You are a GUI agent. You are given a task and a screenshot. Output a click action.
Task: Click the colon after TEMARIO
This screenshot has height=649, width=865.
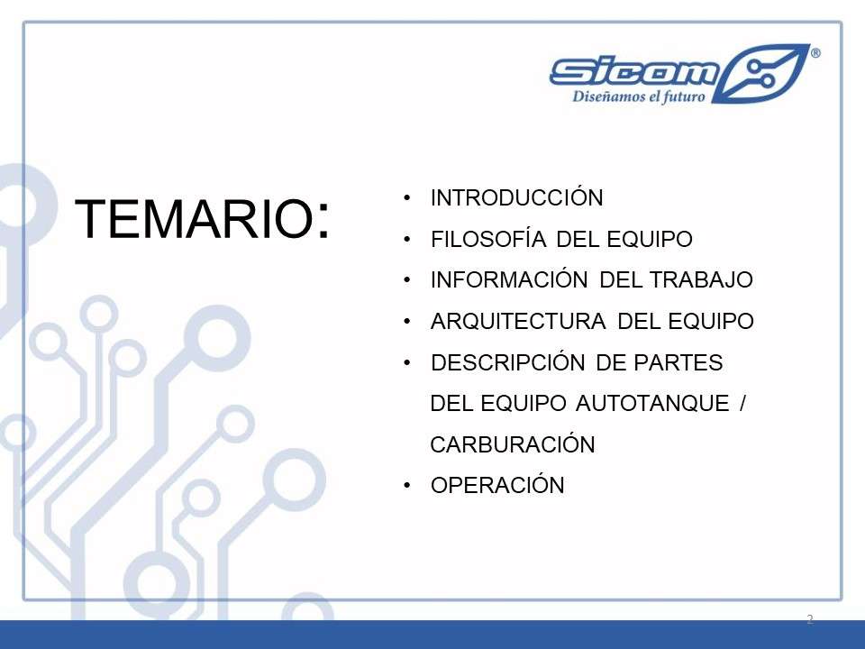click(323, 219)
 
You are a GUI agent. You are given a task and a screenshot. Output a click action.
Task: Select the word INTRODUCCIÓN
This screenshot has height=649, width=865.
click(517, 197)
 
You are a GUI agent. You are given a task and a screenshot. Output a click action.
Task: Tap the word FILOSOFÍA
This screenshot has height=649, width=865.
click(488, 238)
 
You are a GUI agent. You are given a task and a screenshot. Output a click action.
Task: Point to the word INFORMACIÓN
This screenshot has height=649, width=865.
click(508, 279)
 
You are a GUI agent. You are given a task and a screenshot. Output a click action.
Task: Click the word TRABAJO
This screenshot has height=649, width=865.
click(701, 279)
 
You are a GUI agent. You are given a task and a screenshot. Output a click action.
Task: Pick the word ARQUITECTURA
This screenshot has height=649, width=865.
click(518, 321)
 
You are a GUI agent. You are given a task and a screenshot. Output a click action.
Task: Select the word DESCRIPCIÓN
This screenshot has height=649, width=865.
click(507, 362)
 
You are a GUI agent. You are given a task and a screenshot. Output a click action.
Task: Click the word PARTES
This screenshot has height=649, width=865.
click(678, 362)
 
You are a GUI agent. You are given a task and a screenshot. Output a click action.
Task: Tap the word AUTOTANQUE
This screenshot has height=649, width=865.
click(652, 404)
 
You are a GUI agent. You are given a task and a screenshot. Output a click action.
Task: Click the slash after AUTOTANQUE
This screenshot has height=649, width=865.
click(742, 404)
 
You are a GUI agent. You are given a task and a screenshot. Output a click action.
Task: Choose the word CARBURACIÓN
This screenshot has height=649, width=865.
click(513, 443)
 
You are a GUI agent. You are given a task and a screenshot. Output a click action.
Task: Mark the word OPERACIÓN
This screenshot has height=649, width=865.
click(497, 485)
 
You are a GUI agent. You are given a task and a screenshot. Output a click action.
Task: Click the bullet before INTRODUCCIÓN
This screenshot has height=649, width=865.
click(407, 197)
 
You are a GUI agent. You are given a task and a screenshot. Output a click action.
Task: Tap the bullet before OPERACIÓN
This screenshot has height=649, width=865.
click(407, 485)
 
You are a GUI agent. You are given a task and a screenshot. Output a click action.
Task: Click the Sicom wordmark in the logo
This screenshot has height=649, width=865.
click(634, 72)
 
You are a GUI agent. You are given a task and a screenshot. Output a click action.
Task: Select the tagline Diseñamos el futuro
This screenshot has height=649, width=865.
click(639, 96)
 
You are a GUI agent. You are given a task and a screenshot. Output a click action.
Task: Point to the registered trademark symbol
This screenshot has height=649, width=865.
click(815, 53)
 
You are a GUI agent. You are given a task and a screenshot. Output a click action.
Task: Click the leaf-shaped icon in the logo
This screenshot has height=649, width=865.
click(761, 74)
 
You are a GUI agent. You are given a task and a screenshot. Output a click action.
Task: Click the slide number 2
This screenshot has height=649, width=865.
click(810, 618)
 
